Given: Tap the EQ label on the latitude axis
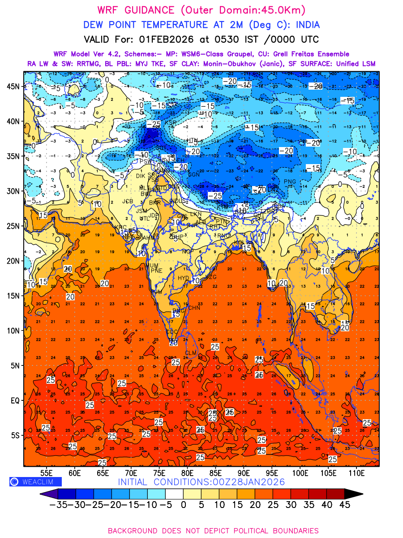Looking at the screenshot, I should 15,400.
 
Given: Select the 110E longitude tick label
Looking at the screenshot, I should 356,473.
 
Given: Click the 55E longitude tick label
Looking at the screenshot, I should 47,473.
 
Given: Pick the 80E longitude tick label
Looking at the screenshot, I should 187,473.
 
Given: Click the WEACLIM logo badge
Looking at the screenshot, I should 35,482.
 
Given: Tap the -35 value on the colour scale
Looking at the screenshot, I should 58,504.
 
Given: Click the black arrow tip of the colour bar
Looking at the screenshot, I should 354,494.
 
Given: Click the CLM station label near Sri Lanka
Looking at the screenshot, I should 191,353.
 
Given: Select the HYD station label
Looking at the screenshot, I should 184,278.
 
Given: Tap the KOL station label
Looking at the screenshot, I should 240,243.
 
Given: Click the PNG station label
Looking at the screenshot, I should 290,181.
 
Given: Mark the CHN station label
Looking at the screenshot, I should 194,308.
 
